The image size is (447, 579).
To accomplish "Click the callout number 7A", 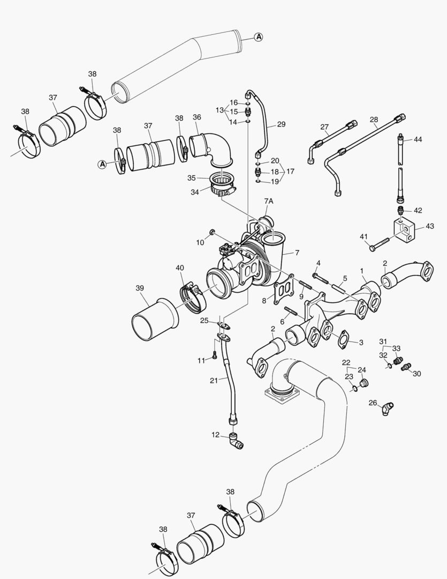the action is tap(268, 201).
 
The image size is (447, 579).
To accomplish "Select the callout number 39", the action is tap(140, 288).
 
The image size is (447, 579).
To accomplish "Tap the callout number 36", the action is tap(197, 117).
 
